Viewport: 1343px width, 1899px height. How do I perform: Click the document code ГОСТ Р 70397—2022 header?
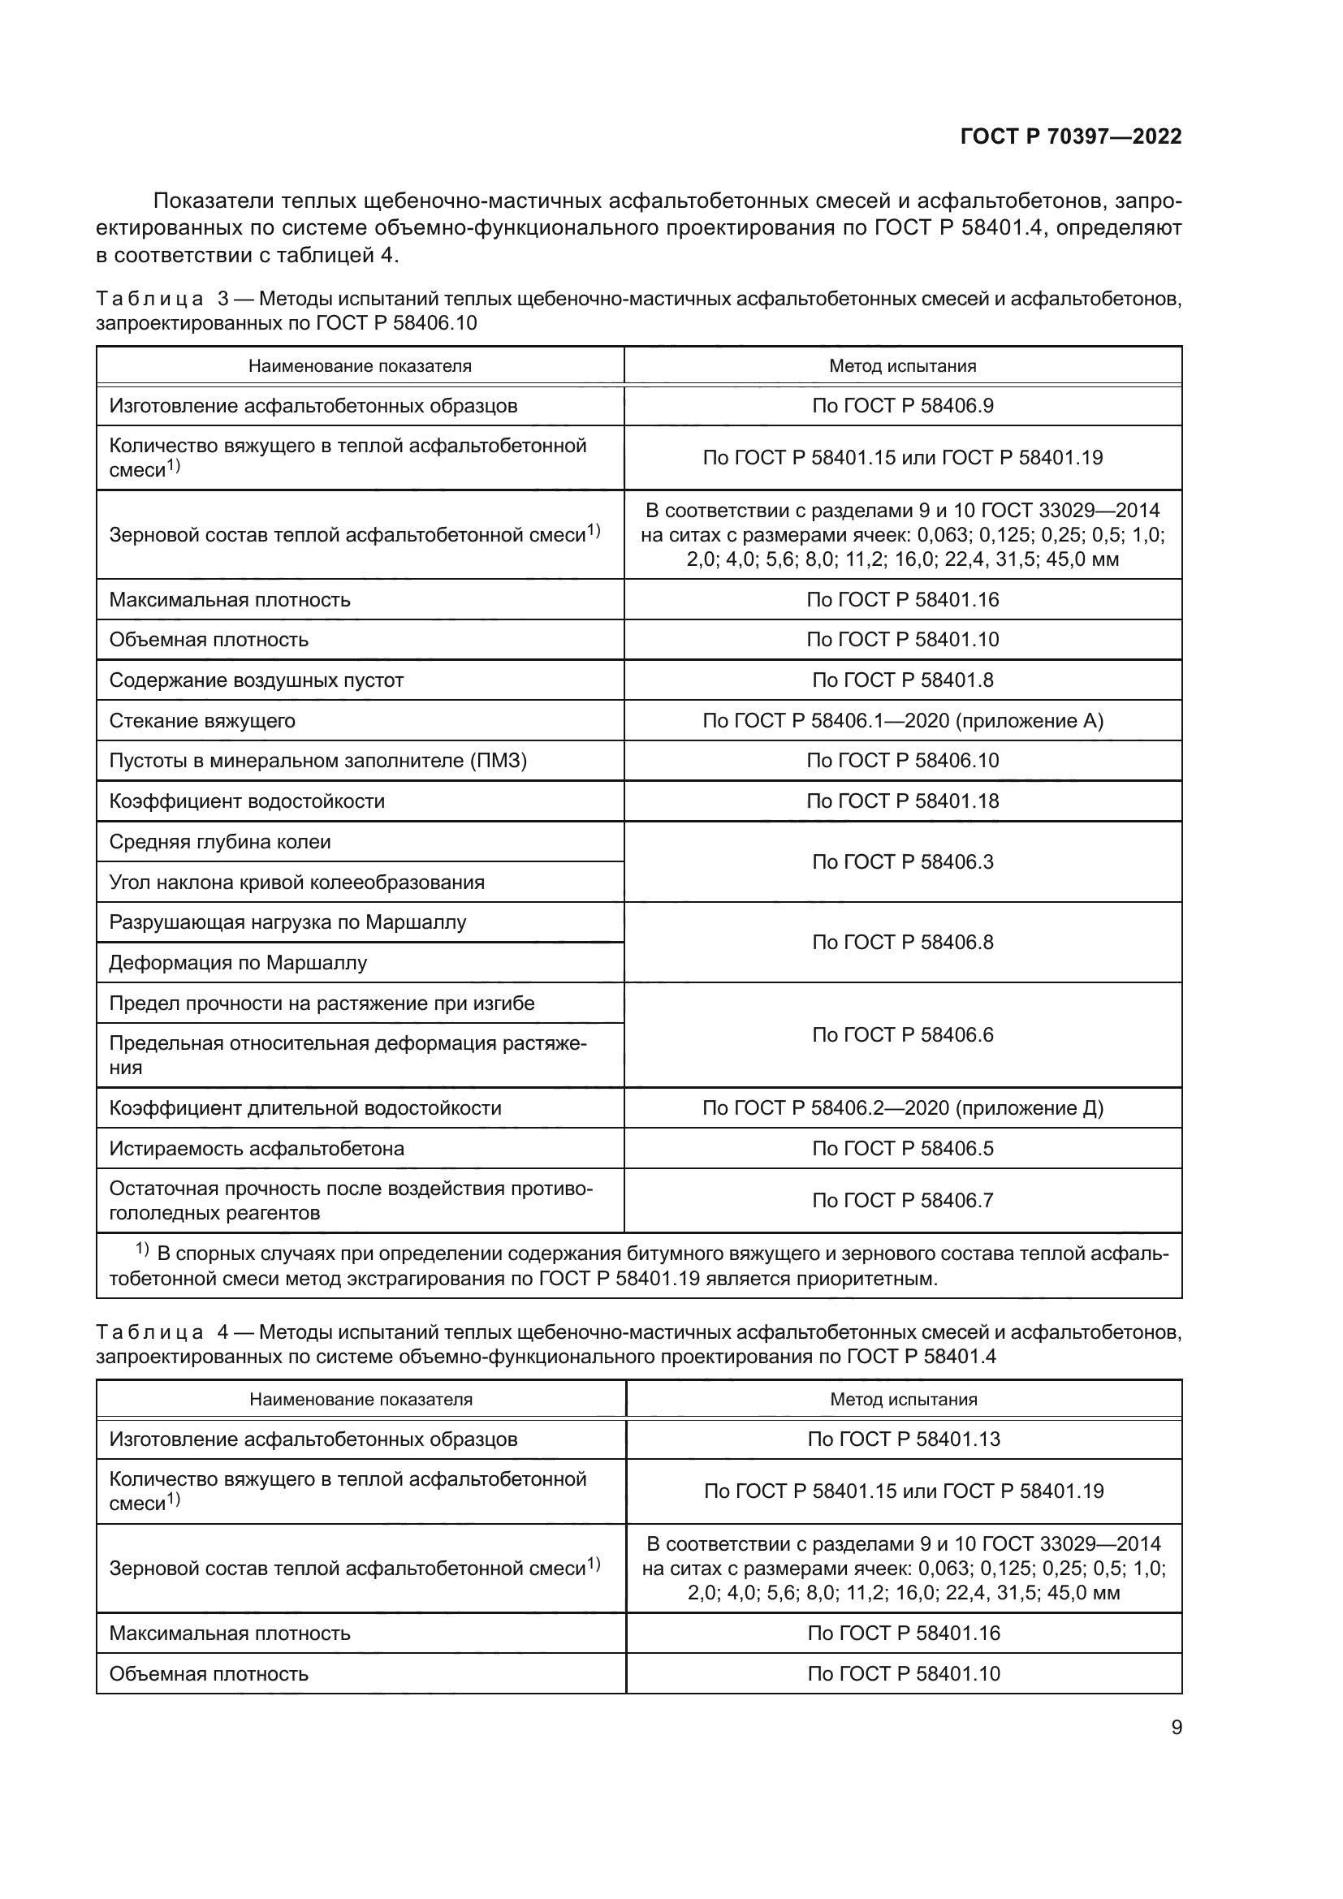1070,137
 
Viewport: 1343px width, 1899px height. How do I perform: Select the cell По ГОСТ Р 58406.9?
902,405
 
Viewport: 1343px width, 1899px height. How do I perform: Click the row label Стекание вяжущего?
202,720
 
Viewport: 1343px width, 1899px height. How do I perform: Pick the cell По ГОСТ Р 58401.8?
902,680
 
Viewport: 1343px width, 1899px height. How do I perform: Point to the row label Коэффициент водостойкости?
247,801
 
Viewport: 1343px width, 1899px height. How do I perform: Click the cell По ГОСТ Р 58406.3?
902,862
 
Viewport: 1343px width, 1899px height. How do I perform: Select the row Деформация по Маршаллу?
238,963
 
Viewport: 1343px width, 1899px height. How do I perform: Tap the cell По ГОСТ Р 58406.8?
902,942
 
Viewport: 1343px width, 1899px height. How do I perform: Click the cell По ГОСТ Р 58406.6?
902,1034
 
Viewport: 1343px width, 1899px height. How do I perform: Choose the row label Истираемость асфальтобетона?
257,1148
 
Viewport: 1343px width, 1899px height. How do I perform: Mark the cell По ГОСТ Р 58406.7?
902,1200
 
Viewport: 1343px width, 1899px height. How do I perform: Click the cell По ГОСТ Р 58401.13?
903,1439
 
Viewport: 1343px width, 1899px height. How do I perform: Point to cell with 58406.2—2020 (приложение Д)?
902,1107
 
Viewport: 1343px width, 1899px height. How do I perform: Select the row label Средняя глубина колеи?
220,842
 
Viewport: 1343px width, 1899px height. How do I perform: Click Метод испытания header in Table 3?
902,365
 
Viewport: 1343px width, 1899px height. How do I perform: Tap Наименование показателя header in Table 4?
361,1400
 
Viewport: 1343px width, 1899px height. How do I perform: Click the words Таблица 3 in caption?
162,299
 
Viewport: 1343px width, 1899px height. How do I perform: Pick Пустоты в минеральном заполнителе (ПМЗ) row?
317,760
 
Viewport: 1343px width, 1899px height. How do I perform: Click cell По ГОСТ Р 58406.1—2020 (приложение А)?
902,720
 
